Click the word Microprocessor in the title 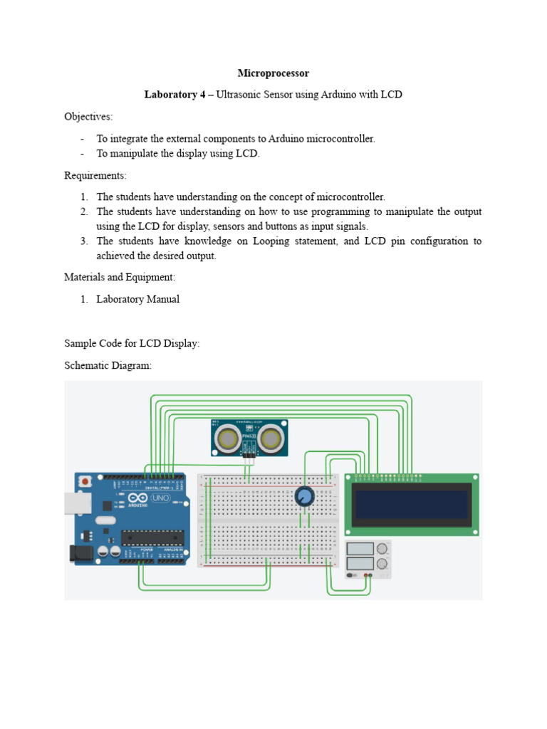[273, 73]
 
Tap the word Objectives [88, 116]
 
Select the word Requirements [95, 175]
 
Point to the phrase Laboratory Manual [137, 299]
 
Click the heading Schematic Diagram [108, 365]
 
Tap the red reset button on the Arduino [86, 481]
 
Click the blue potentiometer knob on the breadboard [305, 496]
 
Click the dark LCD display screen [412, 505]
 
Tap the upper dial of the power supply [383, 548]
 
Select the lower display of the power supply [360, 563]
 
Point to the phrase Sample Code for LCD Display [132, 343]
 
